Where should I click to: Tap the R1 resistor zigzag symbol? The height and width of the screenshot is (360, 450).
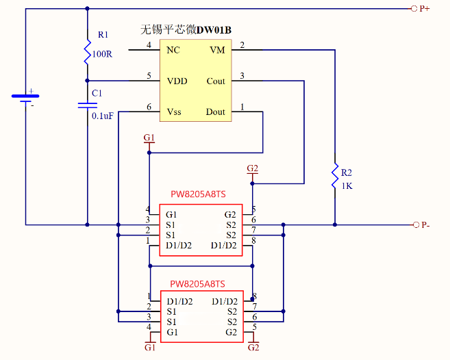87,51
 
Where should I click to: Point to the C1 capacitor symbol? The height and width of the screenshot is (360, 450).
87,105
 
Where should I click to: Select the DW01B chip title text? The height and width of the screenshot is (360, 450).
184,29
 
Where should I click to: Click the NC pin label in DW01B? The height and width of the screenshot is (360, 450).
173,50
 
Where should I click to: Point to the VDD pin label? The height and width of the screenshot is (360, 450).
177,81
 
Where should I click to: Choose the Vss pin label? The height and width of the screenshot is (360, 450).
175,112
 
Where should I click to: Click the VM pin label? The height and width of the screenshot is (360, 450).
217,50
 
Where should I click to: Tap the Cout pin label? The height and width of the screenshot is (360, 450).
216,81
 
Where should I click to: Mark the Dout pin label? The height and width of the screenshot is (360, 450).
216,112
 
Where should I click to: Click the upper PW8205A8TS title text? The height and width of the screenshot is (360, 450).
197,195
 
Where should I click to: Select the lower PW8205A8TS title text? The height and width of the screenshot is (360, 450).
197,284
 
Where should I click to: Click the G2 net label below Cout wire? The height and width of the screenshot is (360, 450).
252,168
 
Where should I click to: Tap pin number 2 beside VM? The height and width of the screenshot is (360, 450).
242,45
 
